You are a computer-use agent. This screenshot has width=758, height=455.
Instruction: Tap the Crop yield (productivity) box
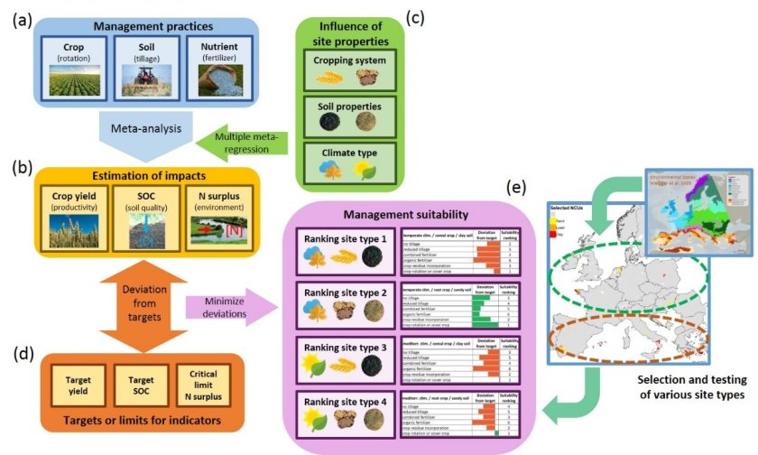coord(76,218)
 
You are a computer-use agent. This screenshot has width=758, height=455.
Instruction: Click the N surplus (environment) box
coord(229,218)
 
